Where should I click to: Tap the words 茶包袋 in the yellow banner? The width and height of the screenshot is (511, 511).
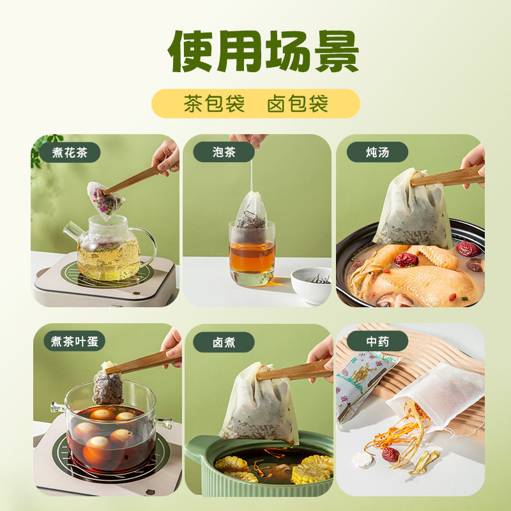click(x=214, y=103)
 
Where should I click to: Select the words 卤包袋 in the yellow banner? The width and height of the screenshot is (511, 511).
click(x=298, y=103)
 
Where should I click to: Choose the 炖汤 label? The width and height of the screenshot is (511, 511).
click(x=378, y=152)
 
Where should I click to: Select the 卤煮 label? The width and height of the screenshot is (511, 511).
click(x=224, y=342)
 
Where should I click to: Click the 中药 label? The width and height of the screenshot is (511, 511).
click(x=378, y=342)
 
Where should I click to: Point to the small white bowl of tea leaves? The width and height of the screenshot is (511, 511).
click(x=311, y=284)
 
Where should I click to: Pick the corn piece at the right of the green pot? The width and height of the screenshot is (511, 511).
click(x=313, y=469)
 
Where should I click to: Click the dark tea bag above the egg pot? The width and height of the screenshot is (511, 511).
click(x=108, y=386)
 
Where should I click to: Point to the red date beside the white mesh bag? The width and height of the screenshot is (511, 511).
click(x=390, y=455)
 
